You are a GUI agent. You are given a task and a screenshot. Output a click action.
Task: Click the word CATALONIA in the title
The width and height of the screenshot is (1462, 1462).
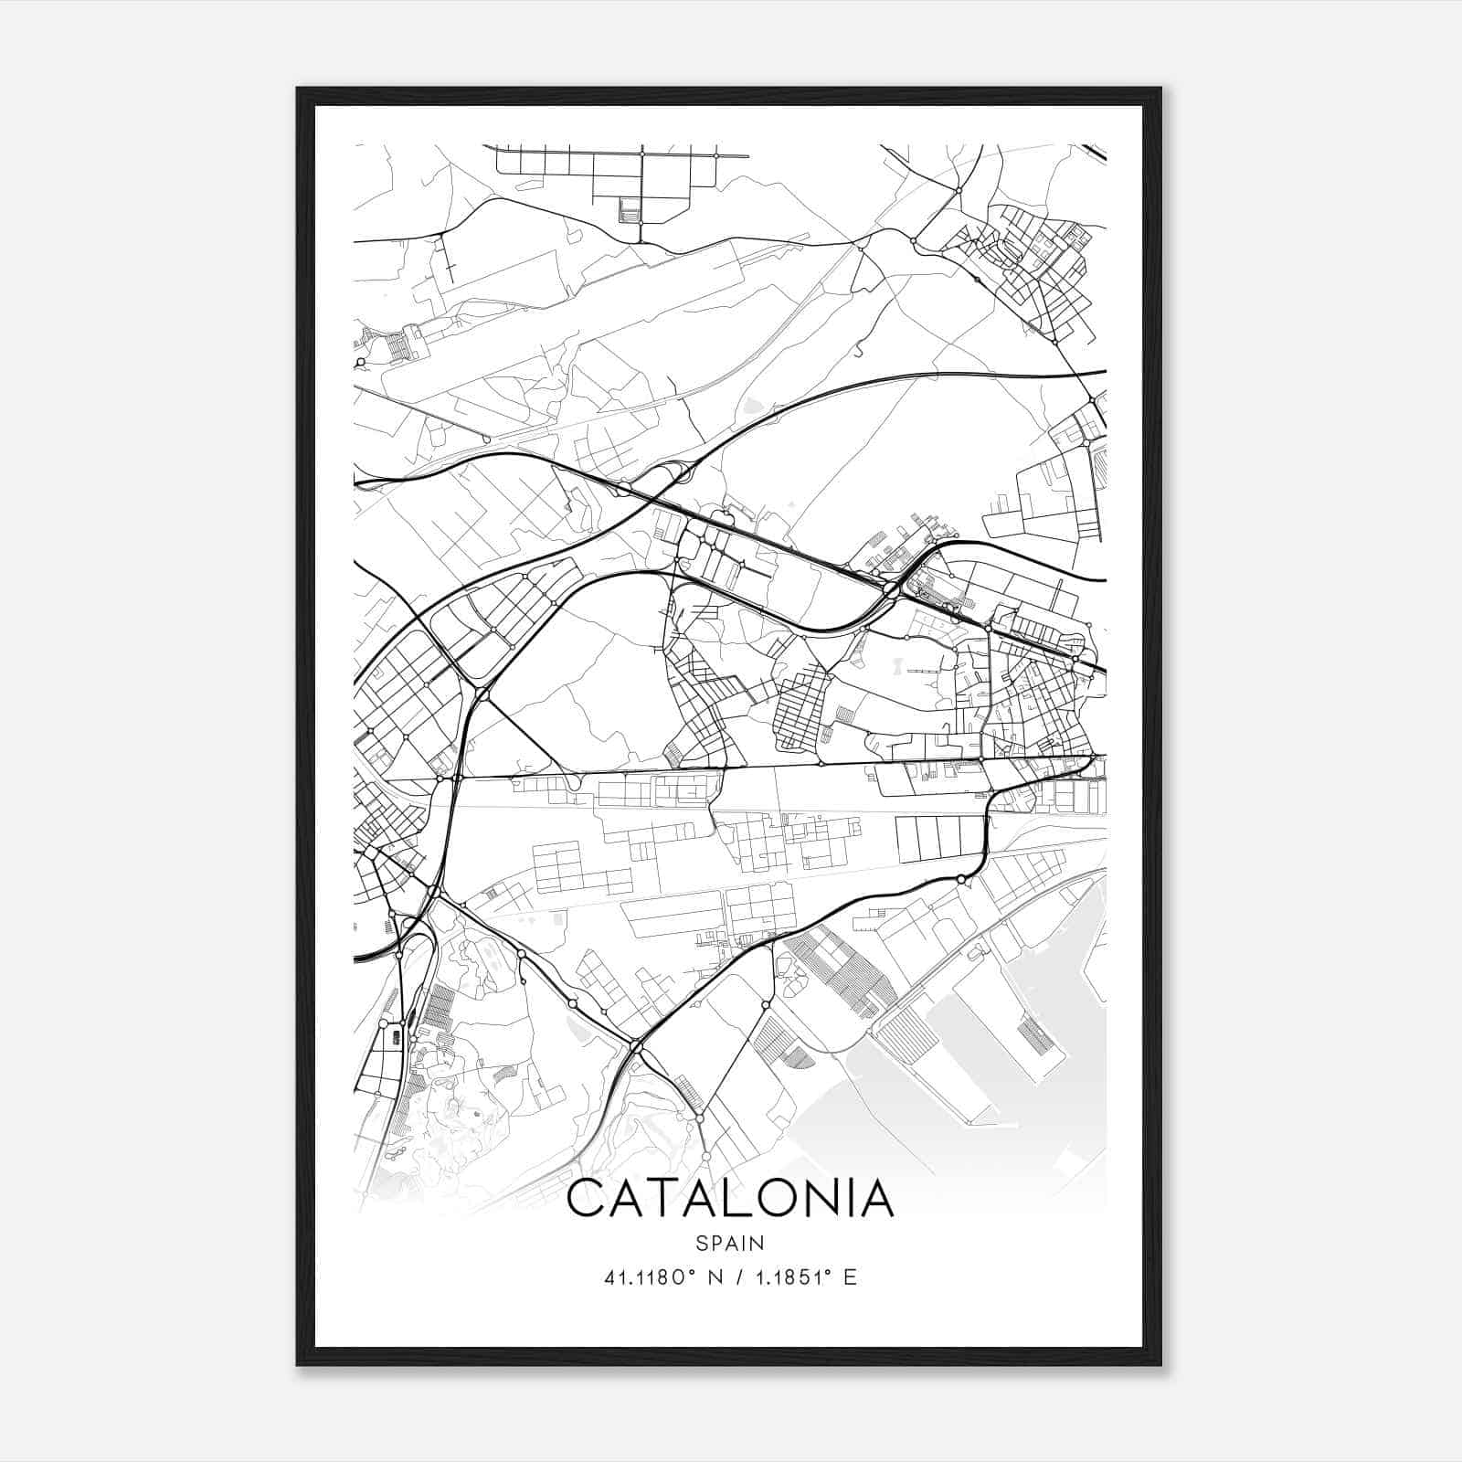(x=730, y=1199)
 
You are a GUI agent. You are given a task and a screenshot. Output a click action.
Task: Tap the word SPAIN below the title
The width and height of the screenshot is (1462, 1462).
(x=730, y=1244)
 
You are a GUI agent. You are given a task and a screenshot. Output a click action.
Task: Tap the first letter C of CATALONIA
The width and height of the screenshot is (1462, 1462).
(x=587, y=1199)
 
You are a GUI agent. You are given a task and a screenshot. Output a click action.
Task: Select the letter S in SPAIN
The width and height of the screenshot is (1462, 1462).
(x=701, y=1244)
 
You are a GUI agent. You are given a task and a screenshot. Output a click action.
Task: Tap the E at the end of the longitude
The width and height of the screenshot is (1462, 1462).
(x=851, y=1277)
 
